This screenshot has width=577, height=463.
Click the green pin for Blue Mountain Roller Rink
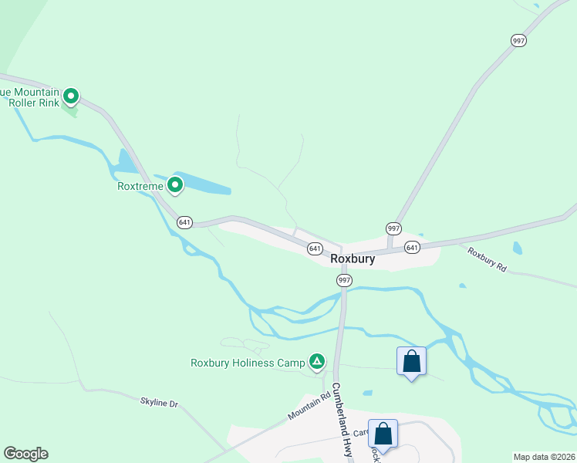(x=71, y=96)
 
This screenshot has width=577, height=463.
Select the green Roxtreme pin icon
(x=175, y=184)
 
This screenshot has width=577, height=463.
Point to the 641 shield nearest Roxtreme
(x=184, y=222)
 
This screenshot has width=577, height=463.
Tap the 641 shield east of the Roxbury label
(x=412, y=248)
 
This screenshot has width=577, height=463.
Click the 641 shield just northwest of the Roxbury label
(x=315, y=248)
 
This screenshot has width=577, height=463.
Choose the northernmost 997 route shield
(x=518, y=40)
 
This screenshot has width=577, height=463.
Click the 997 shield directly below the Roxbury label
(x=344, y=281)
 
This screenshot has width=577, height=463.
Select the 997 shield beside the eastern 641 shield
(x=393, y=228)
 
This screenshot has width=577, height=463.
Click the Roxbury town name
(x=353, y=259)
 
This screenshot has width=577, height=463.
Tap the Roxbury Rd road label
(x=488, y=260)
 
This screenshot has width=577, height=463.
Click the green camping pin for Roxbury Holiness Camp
(x=316, y=361)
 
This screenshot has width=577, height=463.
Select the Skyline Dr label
(x=160, y=403)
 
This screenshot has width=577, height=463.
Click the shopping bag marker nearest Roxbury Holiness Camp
(x=411, y=361)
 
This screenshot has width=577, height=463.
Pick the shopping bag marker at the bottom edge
(x=383, y=434)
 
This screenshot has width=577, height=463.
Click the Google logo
(x=25, y=454)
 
